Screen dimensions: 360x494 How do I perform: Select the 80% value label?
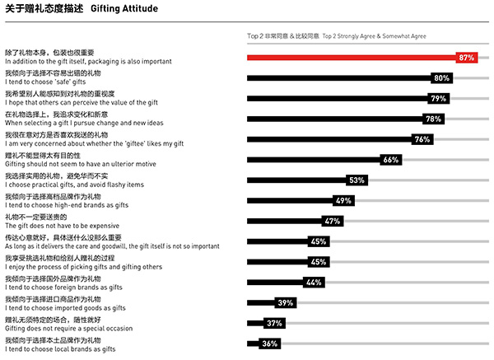(441, 78)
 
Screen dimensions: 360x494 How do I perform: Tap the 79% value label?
(438, 99)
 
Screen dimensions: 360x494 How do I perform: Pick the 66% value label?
(390, 160)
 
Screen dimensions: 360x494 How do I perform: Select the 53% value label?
(357, 180)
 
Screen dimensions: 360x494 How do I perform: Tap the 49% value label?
(343, 200)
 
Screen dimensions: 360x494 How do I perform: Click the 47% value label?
(332, 221)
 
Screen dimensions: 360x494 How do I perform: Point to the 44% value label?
(313, 283)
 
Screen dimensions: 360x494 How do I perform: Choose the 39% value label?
(286, 303)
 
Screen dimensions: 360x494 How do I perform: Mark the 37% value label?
(274, 323)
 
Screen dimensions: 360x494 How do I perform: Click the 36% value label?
(269, 344)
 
